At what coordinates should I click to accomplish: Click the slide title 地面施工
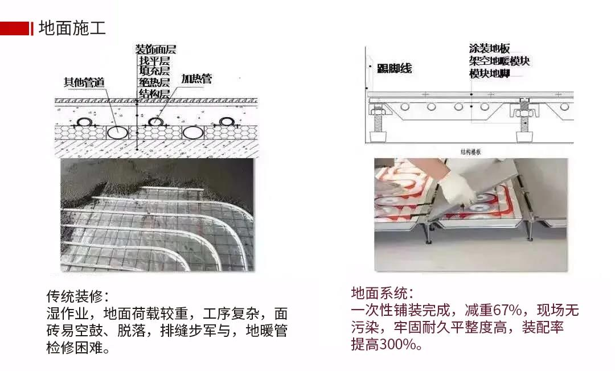point(72,28)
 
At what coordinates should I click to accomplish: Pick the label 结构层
point(154,93)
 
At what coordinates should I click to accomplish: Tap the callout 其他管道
point(84,82)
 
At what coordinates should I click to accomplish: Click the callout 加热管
point(196,79)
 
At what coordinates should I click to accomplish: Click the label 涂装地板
point(489,49)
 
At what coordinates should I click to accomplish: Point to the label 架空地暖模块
point(499,61)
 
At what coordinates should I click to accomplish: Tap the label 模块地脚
point(489,74)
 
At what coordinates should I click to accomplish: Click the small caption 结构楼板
point(471,152)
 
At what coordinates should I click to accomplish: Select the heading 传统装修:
point(77,296)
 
